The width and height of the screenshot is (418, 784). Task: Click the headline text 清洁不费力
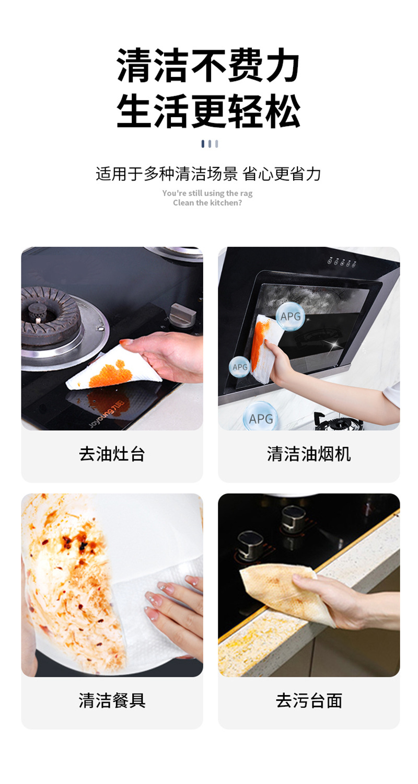click(208, 66)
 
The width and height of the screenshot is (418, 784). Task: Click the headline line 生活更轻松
click(208, 111)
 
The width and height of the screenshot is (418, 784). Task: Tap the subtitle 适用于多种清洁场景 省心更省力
click(208, 174)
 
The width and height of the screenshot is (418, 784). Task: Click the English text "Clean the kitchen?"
click(207, 203)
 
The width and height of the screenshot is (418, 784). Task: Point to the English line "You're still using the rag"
click(207, 193)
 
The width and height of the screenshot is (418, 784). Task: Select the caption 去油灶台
click(112, 454)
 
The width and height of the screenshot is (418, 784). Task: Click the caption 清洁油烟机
click(309, 454)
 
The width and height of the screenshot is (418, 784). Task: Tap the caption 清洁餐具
click(112, 700)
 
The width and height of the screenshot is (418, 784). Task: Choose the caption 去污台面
click(309, 700)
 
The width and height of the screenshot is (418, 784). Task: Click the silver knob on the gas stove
click(182, 314)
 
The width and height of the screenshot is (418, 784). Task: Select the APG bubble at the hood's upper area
click(290, 316)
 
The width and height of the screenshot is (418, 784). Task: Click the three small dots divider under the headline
click(210, 144)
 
